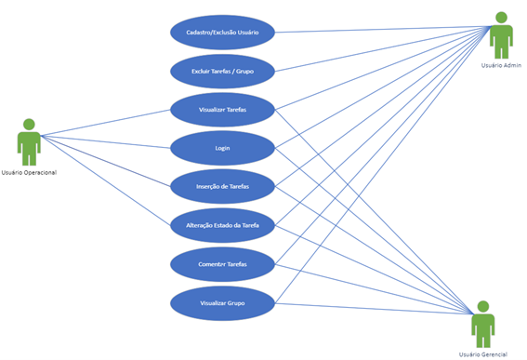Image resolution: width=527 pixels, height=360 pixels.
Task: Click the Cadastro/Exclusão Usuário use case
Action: click(x=223, y=33)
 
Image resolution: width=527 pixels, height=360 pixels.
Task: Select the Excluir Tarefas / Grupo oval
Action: click(x=223, y=71)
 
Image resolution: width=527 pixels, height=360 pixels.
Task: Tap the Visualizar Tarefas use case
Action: click(x=223, y=110)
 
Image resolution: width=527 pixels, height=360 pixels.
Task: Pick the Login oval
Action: click(x=223, y=148)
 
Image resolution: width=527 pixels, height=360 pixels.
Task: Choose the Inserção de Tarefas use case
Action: click(x=223, y=186)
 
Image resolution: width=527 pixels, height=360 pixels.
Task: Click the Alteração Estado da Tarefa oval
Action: click(x=223, y=225)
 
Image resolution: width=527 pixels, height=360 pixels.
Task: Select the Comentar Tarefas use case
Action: click(x=223, y=264)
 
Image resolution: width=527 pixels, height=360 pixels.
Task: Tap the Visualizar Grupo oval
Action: click(x=223, y=302)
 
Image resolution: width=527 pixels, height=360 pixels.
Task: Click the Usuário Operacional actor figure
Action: click(x=29, y=144)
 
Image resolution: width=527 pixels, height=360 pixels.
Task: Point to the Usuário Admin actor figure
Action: click(x=501, y=37)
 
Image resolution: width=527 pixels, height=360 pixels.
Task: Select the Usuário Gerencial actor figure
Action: click(x=482, y=327)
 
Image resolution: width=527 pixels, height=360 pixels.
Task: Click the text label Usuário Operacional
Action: click(x=30, y=172)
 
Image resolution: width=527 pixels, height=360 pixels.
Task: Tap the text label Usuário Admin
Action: click(x=501, y=65)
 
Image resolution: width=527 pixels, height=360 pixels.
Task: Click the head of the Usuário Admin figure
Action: click(x=501, y=18)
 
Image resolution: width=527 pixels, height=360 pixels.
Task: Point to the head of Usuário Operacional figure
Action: click(x=29, y=125)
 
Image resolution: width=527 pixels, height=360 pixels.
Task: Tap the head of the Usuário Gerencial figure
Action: click(x=482, y=307)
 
